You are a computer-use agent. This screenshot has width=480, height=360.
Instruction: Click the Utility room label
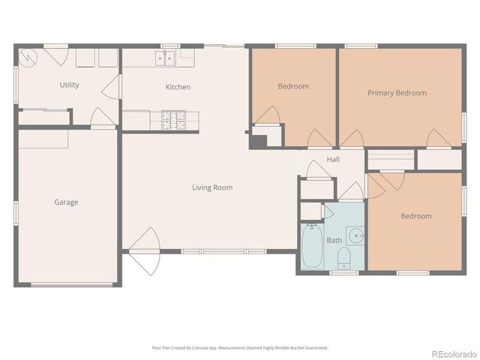[x=70, y=85]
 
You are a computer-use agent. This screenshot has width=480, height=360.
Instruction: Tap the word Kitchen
[x=178, y=87]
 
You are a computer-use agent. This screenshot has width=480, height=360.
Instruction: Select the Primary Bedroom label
[x=397, y=93]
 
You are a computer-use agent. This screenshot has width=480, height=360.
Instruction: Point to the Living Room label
[x=212, y=187]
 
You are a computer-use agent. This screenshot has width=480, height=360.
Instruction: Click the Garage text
[x=66, y=202]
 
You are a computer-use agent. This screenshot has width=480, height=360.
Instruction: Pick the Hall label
[x=333, y=159]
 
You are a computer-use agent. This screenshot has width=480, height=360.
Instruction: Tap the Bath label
[x=334, y=240]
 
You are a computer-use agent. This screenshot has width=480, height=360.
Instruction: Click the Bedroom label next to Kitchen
[x=293, y=86]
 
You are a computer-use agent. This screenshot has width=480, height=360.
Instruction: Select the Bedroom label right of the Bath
[x=415, y=216]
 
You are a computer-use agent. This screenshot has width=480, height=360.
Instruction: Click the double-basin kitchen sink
[x=165, y=58]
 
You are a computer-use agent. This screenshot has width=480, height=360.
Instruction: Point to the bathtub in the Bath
[x=310, y=247]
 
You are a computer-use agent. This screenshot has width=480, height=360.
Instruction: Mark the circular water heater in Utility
[x=28, y=57]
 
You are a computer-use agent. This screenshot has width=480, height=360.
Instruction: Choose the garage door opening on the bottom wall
[x=72, y=285]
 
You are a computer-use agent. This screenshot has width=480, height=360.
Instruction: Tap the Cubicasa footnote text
[x=240, y=348]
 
